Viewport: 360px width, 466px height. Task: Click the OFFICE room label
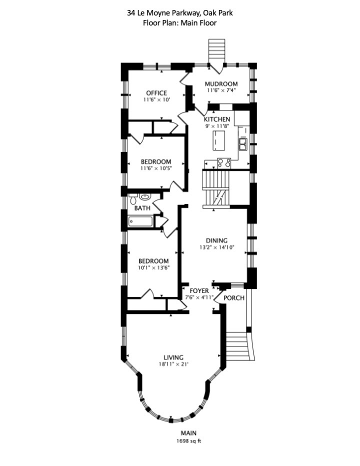pos(156,93)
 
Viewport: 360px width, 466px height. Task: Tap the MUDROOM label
pos(221,83)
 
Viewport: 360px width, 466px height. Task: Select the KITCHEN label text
pos(217,119)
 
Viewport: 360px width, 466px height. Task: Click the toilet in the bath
pos(133,200)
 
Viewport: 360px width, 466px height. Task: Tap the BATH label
pos(142,208)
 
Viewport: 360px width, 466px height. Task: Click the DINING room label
pos(216,240)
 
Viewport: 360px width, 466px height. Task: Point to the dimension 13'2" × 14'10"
pos(216,247)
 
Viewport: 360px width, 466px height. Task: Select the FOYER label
pos(199,290)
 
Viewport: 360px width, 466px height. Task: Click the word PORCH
pos(234,298)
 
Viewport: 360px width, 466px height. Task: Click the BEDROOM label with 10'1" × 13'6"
pos(153,261)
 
